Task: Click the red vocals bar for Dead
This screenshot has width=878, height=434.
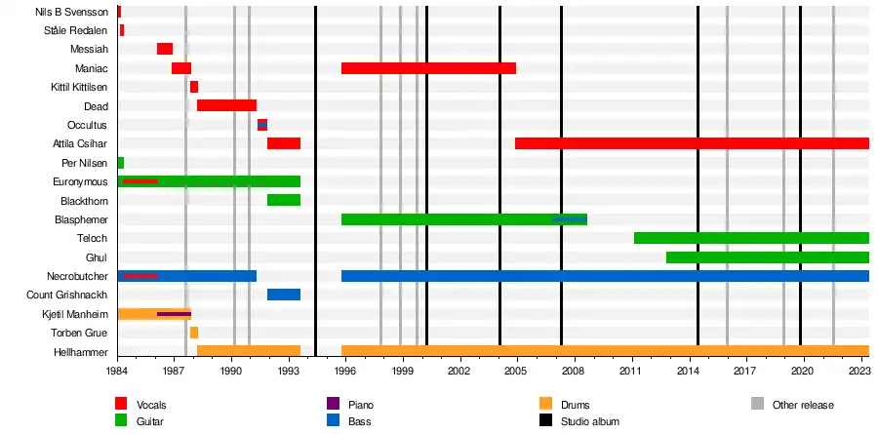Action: (226, 105)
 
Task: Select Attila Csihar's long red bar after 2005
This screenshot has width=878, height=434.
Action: (692, 143)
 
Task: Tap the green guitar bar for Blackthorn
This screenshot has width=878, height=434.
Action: (283, 200)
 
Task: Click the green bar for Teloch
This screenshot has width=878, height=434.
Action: (751, 238)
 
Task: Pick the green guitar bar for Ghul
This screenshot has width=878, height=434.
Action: (767, 257)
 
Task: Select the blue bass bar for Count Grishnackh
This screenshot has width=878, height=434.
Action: (283, 295)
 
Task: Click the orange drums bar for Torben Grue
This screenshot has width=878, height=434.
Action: (194, 333)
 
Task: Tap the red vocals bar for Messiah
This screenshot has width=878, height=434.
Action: (165, 49)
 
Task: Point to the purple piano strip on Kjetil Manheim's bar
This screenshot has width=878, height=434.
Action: (174, 314)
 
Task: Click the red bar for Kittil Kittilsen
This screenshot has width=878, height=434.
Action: (194, 87)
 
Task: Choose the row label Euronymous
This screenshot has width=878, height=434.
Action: (80, 181)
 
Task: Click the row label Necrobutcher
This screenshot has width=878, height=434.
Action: (77, 276)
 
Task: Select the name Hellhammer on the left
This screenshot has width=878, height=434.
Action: (82, 351)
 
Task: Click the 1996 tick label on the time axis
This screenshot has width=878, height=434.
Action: (345, 372)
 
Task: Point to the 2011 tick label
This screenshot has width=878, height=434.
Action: (631, 372)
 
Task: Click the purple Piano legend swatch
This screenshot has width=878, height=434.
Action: (333, 405)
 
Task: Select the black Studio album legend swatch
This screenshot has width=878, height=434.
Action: (545, 421)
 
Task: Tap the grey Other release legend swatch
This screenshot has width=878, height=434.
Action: (758, 405)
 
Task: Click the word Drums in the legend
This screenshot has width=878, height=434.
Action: (576, 405)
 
